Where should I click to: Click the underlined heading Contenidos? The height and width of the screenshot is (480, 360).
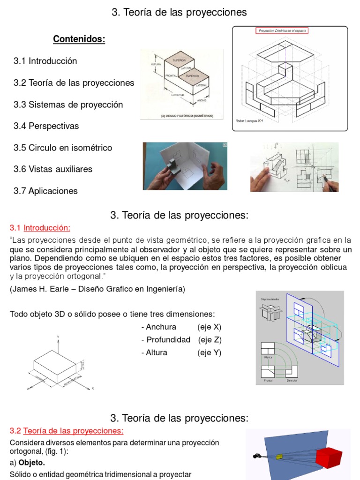coord(79,39)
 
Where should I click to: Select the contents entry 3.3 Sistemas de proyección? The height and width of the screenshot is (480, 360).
coord(68,105)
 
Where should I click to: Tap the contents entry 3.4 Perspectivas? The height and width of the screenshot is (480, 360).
coord(46,126)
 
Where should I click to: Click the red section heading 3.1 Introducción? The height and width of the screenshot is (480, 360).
coord(40,228)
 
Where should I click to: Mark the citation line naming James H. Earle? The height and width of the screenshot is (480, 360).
coord(97,289)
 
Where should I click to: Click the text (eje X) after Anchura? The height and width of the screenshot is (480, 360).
coord(209,327)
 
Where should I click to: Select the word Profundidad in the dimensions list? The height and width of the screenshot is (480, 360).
coord(168,339)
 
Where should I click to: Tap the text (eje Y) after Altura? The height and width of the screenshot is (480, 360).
coord(209,352)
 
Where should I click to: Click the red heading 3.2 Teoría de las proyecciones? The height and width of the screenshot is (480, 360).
coord(67,431)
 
